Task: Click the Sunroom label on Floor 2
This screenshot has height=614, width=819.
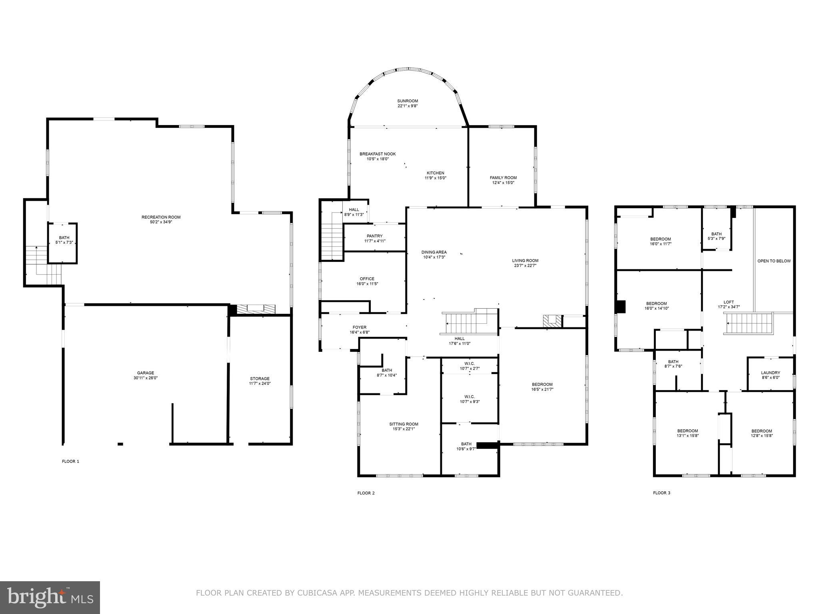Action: [408, 101]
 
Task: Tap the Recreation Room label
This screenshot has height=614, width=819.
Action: [161, 217]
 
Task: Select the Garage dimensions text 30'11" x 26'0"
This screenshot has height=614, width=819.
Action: [146, 378]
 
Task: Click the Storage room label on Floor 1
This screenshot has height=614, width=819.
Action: [260, 379]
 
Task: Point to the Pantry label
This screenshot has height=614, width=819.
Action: [374, 236]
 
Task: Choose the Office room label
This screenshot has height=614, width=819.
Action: [367, 279]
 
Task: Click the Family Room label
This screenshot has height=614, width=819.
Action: [503, 177]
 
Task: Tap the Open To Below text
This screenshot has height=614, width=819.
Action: [774, 261]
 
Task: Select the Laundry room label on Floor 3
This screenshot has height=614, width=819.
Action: [770, 373]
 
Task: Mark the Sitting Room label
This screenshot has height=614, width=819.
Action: [404, 424]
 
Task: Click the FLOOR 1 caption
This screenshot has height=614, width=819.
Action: [70, 461]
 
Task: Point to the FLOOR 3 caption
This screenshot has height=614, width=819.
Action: [661, 493]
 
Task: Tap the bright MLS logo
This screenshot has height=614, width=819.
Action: [50, 597]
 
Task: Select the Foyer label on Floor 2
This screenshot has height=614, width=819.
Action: [359, 327]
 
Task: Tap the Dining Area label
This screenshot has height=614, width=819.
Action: [434, 252]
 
